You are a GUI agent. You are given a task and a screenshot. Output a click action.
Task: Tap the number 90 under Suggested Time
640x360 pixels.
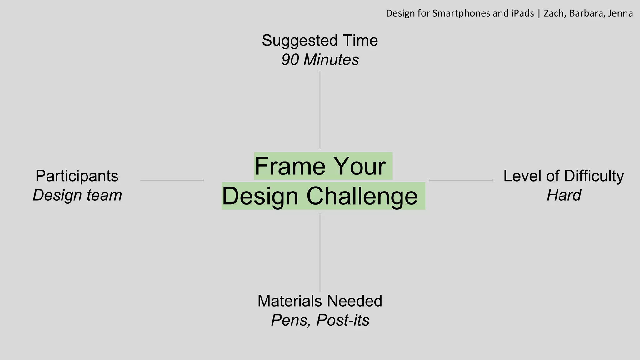(x=290, y=60)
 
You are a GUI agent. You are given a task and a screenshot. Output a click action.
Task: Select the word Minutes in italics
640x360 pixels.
(x=331, y=60)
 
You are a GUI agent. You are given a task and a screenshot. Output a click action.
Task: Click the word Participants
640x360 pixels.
(x=77, y=176)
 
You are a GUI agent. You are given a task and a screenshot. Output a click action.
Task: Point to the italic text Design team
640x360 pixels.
(x=77, y=195)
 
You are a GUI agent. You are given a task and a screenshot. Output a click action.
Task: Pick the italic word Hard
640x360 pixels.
(x=564, y=195)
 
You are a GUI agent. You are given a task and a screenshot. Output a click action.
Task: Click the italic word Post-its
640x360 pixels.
(x=342, y=320)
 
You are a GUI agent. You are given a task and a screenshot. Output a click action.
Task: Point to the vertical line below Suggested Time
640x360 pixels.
(x=320, y=109)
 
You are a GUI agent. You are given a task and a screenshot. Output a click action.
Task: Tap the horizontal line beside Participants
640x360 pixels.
(x=172, y=180)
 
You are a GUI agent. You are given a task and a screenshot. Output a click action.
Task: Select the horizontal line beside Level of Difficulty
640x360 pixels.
(x=461, y=180)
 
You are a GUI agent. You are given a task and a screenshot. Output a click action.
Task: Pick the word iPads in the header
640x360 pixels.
(x=522, y=13)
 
